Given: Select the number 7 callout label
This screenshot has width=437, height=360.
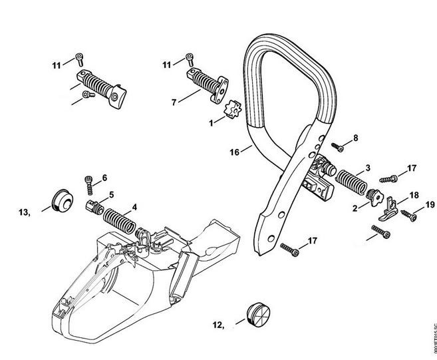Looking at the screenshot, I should [x=174, y=102].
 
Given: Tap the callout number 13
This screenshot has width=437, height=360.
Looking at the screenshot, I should [x=25, y=212].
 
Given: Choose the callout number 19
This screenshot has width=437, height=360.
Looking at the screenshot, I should [x=429, y=206].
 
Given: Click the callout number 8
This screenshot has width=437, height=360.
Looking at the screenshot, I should [x=355, y=137].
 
